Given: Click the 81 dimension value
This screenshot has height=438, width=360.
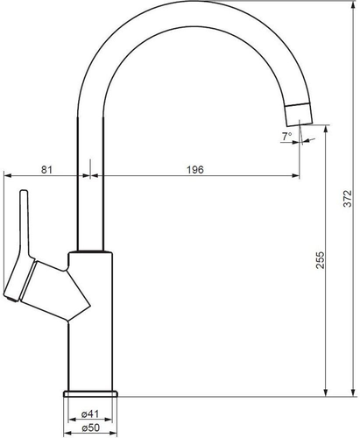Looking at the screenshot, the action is coord(46,169).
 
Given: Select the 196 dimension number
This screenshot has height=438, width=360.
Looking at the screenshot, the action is coord(195,170).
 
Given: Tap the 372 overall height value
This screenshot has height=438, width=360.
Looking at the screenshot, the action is coord(348,199).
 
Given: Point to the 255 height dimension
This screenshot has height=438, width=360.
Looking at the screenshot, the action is coord(320,260).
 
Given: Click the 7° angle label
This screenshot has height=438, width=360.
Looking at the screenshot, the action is coord(286,136).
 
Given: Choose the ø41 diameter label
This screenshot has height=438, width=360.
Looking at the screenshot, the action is coord(90,413).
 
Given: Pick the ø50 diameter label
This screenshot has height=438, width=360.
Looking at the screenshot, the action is coord(91,427).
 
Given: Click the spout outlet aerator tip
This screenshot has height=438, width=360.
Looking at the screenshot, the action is coord(299,115).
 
